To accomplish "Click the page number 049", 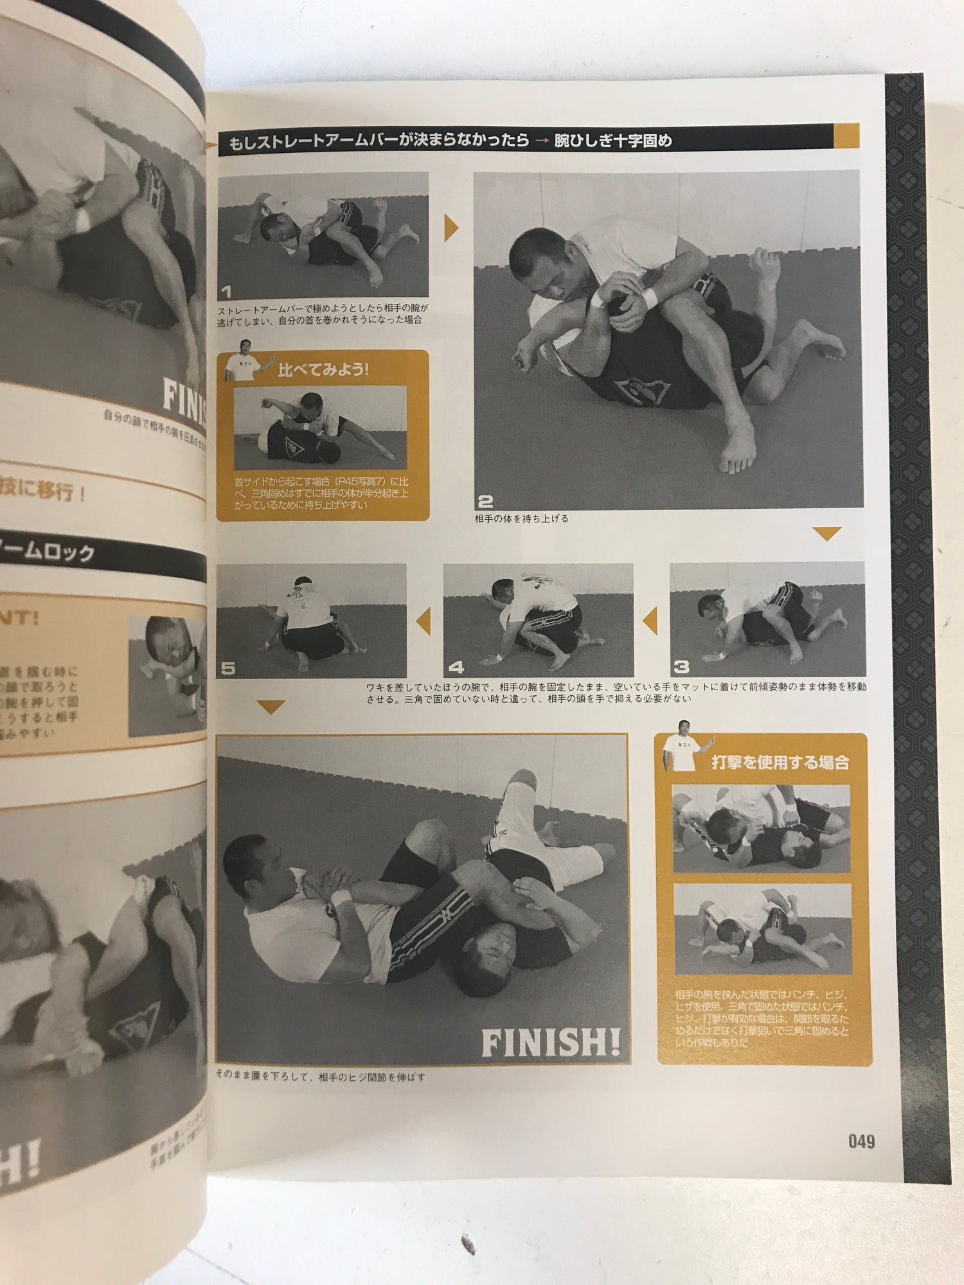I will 861,1142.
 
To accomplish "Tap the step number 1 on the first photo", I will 226,292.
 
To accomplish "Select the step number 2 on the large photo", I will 486,501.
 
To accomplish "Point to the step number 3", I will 681,667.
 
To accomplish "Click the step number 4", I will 456,668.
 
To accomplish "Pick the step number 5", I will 228,668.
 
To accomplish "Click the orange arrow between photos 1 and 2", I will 451,227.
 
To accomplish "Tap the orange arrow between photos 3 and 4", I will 650,621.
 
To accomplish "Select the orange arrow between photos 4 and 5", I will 424,621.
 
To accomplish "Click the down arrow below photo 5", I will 271,707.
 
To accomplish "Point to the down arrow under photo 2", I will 826,533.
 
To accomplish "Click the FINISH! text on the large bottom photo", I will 551,1043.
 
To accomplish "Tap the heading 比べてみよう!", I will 323,370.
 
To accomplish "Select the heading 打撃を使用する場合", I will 780,763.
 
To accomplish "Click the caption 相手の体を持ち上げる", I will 521,518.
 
